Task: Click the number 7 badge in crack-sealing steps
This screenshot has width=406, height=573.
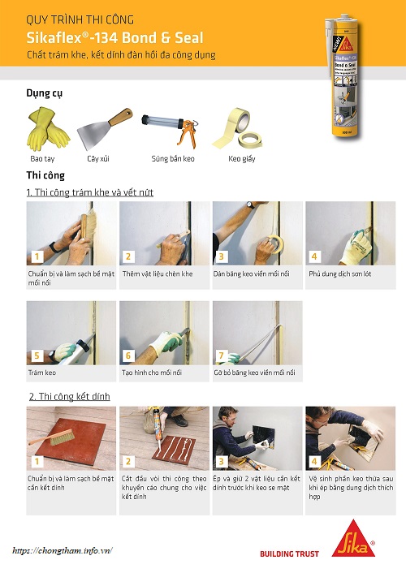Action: (222, 356)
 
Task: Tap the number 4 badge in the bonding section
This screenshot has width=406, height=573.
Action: (315, 462)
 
